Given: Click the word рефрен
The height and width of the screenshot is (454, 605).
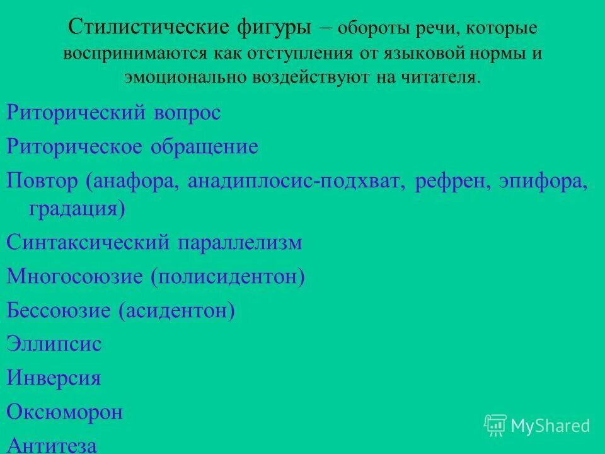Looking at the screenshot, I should (x=451, y=182).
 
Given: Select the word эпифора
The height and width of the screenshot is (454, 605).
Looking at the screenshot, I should (x=541, y=182).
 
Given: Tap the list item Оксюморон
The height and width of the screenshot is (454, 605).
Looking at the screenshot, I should (x=64, y=412).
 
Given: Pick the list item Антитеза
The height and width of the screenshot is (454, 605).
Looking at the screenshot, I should (x=52, y=445).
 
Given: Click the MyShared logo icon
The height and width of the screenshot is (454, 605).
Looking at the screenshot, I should (x=495, y=425).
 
